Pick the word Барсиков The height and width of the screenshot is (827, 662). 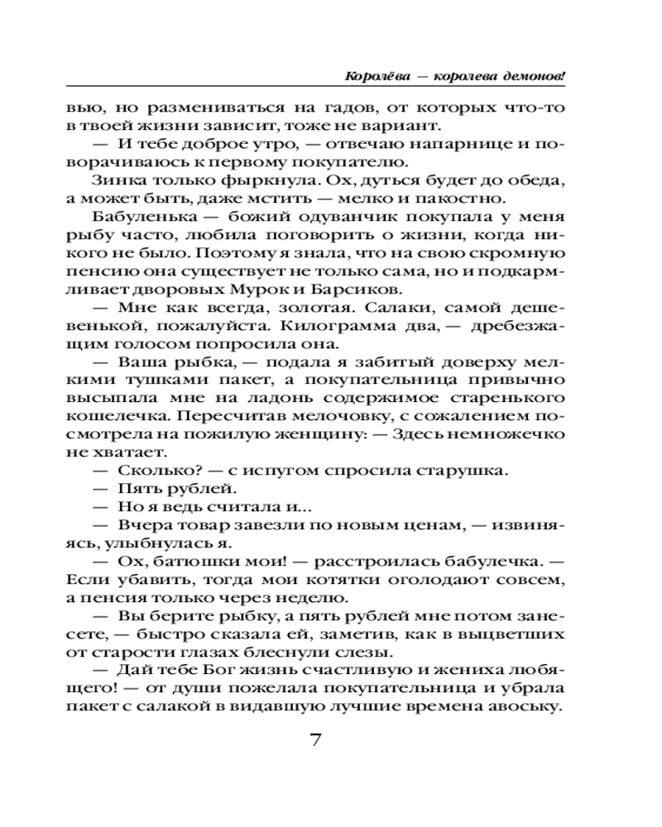click(x=355, y=289)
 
